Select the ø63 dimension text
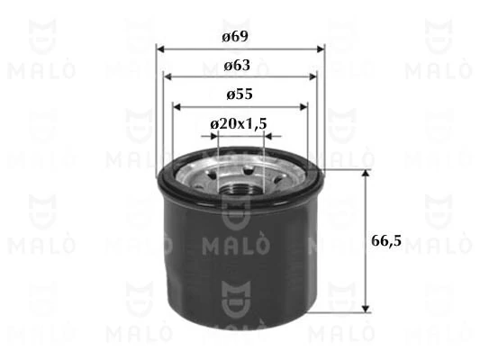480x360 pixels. (x=240, y=65)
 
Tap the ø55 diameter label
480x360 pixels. (x=240, y=94)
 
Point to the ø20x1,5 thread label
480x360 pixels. (x=240, y=123)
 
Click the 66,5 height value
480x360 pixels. (x=386, y=240)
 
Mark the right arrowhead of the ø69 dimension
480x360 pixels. (x=320, y=49)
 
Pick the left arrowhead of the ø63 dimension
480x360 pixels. (x=168, y=77)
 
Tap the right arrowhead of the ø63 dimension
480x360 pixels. (x=312, y=77)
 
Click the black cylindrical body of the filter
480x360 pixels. (x=240, y=270)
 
